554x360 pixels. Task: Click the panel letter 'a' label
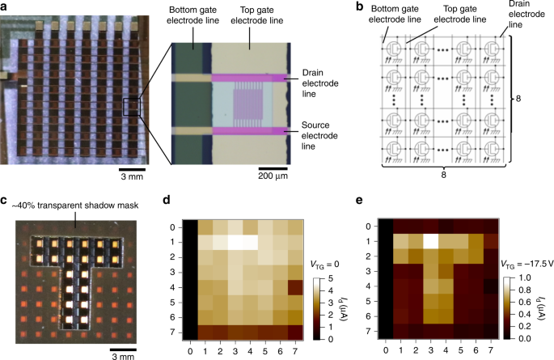5,6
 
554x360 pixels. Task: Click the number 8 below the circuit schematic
453,174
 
